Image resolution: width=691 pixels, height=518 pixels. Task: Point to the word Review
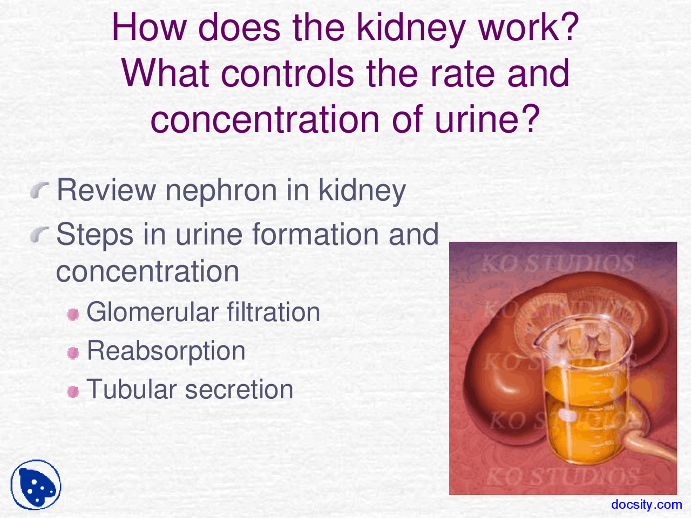tap(106, 190)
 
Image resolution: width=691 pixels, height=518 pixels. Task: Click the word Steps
tap(95, 235)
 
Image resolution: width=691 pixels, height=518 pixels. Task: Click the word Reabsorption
tap(166, 351)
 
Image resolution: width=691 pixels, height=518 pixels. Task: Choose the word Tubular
tap(131, 390)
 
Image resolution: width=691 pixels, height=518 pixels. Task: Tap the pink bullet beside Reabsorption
tap(73, 353)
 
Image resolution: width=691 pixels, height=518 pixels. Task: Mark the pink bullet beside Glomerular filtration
tap(73, 314)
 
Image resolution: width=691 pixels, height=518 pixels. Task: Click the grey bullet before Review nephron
tap(40, 190)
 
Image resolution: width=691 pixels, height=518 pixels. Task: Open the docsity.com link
tap(646, 505)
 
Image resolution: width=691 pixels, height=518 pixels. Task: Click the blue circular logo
tap(36, 485)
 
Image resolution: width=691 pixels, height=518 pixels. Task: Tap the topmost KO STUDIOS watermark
tap(558, 264)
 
